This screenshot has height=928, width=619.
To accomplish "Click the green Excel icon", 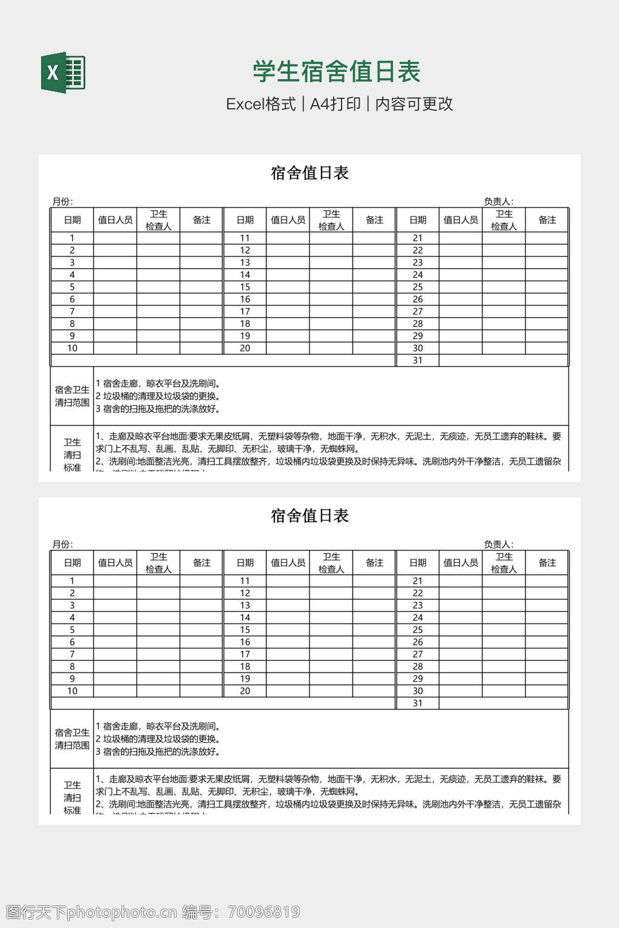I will point(63,73).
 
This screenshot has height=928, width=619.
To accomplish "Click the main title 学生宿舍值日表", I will point(336,72).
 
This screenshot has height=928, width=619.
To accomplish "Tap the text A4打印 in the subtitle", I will point(335,104).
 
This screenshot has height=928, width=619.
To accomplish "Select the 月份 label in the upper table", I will point(62,202).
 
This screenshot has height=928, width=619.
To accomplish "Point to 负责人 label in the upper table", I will point(498,202).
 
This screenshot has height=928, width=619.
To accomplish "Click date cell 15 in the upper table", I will point(245,287).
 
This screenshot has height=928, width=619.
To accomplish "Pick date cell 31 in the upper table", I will point(418,361).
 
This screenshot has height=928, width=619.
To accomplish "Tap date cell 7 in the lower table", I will point(72,654).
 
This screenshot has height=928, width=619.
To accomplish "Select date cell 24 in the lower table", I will point(418,617).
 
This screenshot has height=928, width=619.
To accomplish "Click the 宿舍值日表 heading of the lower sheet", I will point(309,516).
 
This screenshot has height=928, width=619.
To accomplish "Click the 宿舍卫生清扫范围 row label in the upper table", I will point(72,396).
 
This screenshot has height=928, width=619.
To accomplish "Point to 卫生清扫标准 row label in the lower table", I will point(72,797).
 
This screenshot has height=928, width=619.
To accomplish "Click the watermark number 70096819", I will point(262,912).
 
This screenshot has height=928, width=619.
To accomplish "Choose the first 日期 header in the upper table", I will point(72,220).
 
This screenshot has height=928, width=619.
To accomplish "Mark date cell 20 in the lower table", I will point(245,691).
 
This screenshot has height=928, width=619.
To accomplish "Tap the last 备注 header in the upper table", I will point(547,220).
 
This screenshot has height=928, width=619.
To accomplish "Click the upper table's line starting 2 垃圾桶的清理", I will point(158,396).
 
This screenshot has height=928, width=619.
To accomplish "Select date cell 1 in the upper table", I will point(72,238).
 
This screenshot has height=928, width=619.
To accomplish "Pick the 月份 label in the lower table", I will point(62,544).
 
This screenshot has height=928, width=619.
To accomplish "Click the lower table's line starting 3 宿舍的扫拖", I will point(158,752).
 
